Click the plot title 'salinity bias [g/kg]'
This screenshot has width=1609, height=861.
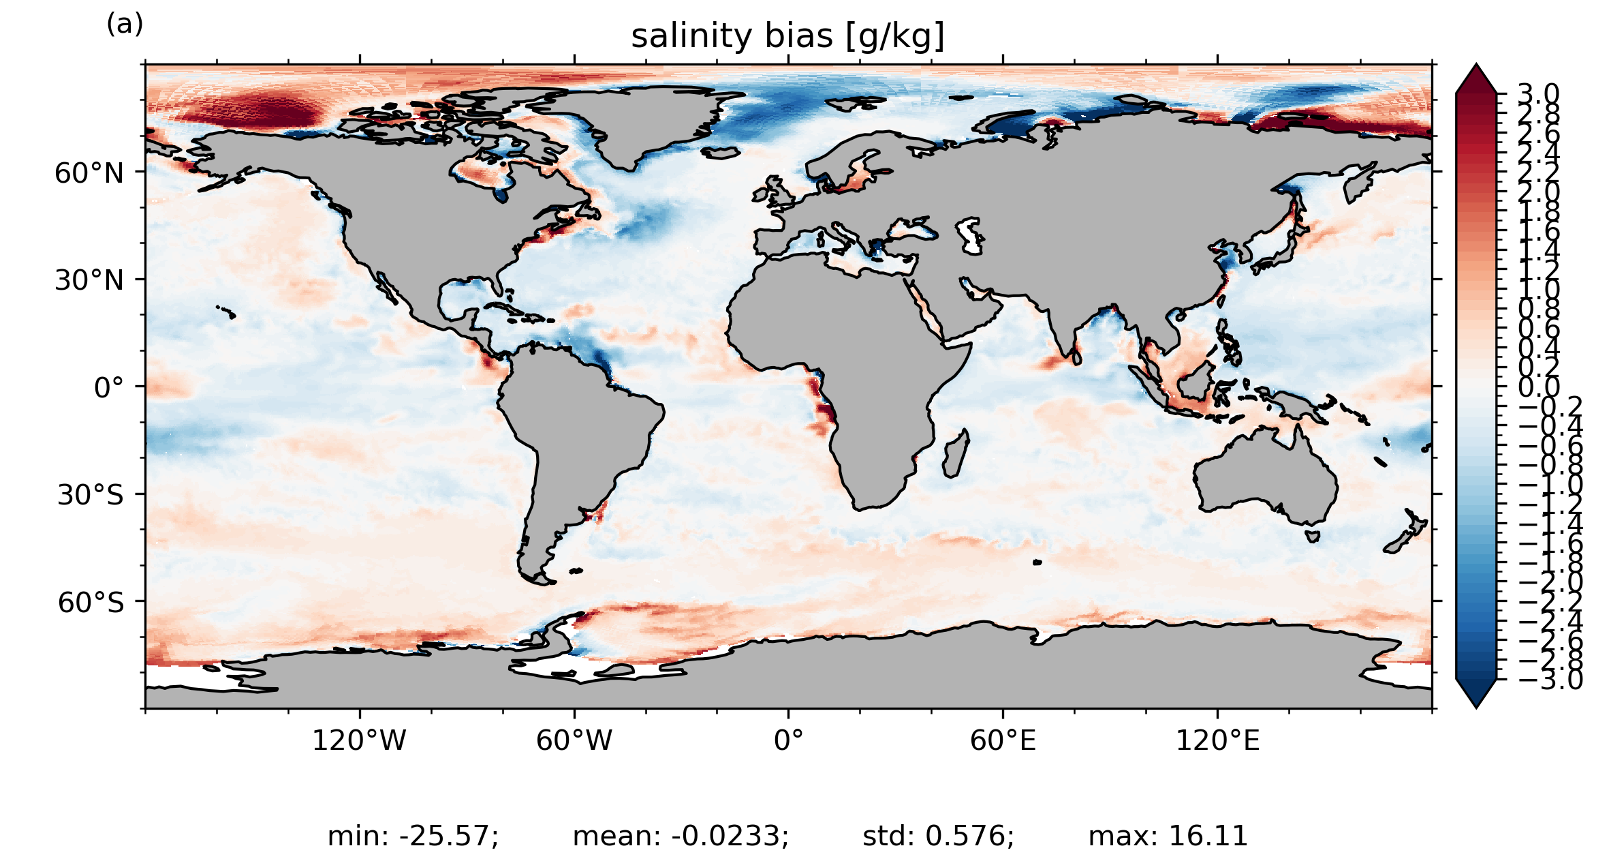(787, 36)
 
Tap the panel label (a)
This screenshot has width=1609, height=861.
(125, 25)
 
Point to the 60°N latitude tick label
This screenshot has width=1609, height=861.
(89, 173)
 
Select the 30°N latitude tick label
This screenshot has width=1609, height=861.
(89, 280)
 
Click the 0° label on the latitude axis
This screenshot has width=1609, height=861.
(109, 388)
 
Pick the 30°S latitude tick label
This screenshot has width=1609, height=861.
(90, 495)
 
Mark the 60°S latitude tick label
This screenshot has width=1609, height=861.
(91, 603)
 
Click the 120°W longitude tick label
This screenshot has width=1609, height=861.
(359, 740)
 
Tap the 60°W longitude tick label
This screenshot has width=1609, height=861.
(574, 740)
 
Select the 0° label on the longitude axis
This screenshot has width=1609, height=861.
(788, 740)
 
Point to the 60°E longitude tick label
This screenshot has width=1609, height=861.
(1003, 740)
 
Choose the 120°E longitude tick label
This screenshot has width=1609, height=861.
(1217, 740)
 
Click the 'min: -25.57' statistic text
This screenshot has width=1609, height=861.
(413, 836)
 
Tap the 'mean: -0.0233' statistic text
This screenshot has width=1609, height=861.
(681, 836)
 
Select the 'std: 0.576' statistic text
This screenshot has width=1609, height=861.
(938, 836)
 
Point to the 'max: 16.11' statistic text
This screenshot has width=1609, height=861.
(1168, 836)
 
